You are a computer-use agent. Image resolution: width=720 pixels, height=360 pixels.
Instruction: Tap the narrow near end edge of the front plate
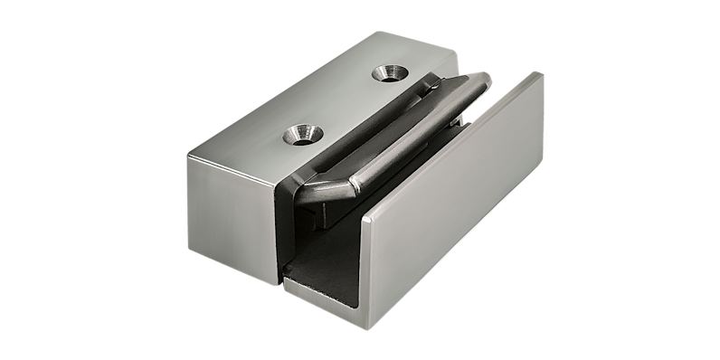[x=369, y=262]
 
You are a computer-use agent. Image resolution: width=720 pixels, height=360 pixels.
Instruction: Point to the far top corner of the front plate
[x=540, y=73]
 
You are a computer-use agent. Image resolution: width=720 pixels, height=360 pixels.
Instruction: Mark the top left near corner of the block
[x=189, y=156]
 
